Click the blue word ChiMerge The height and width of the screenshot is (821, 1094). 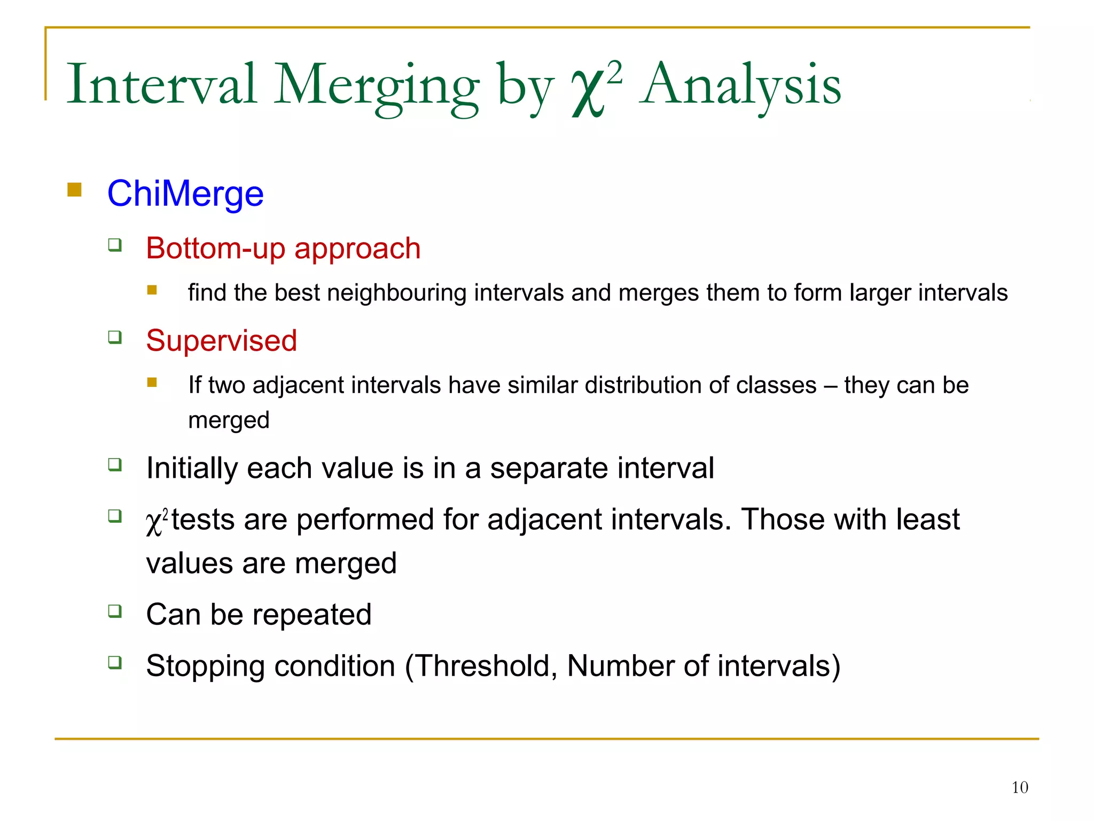click(x=185, y=193)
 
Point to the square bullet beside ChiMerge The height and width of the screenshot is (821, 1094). click(x=74, y=190)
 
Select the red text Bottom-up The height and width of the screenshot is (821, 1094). click(x=216, y=249)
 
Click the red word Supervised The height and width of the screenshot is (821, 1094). click(x=221, y=340)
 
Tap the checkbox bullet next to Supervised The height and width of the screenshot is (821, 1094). click(x=115, y=337)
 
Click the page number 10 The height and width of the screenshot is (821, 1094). click(x=1019, y=787)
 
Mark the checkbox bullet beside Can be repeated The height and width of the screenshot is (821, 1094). click(x=115, y=610)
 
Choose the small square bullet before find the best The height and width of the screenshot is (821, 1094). click(x=152, y=290)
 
